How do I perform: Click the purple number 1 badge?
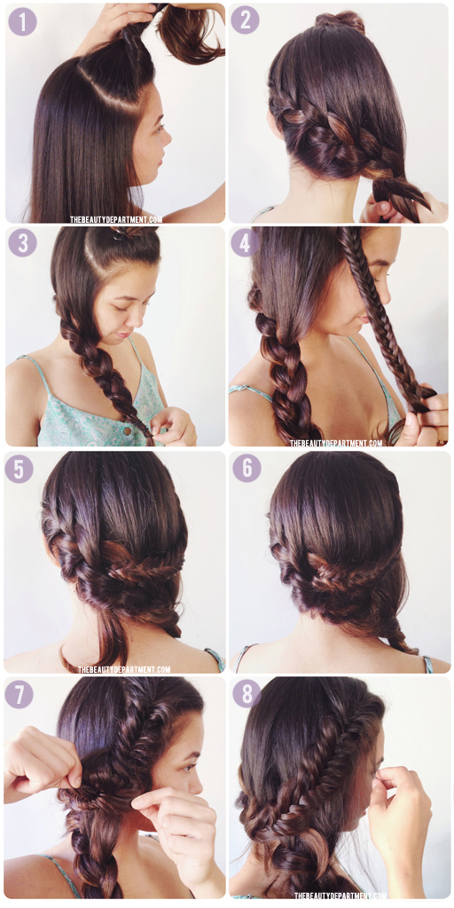pos(22,21)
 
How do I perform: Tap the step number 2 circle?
pos(246,20)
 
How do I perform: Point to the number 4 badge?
pos(246,242)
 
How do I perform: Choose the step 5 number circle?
pos(19,469)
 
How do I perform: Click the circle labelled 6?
pos(247,468)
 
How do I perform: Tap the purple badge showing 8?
pos(247,693)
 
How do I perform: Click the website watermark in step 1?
pos(116,219)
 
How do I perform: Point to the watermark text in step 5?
pos(124,669)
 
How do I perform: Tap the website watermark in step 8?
pos(340,896)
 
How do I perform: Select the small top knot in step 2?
pos(340,20)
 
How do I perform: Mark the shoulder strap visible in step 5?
pos(215,659)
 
